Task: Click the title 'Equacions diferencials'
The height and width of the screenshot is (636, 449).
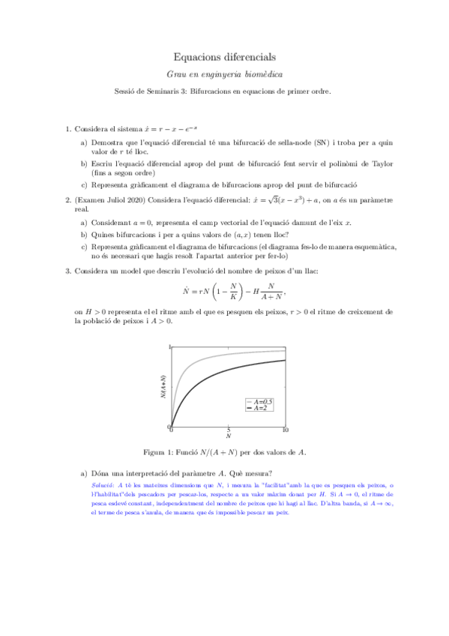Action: tap(224, 56)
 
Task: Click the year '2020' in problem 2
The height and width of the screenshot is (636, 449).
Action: tap(139, 199)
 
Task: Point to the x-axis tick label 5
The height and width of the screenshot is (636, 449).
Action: tap(228, 430)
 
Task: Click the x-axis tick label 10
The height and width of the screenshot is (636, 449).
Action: tap(285, 430)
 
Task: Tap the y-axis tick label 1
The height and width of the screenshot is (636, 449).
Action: tap(169, 346)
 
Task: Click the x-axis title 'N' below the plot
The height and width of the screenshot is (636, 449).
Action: tap(228, 436)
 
